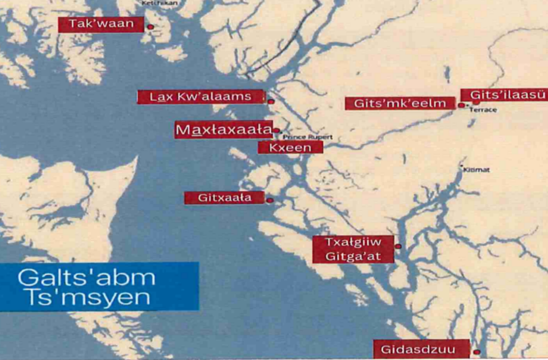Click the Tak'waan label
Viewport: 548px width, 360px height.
101,24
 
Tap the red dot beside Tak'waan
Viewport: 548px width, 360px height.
150,26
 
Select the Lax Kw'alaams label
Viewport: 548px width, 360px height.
200,96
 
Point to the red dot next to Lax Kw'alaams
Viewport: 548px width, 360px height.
271,102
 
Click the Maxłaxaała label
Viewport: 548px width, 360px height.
223,130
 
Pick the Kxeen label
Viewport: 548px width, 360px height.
290,147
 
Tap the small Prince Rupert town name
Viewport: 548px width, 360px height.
307,137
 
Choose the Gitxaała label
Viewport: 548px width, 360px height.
224,198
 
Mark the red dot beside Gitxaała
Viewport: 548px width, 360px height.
269,201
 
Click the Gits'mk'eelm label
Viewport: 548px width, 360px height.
400,104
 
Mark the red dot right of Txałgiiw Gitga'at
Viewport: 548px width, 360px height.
398,246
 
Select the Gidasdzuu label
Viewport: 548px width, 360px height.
422,349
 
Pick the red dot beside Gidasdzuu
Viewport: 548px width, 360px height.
476,351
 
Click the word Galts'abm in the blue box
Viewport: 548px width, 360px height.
86,278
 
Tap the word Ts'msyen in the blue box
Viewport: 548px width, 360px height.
84,297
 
